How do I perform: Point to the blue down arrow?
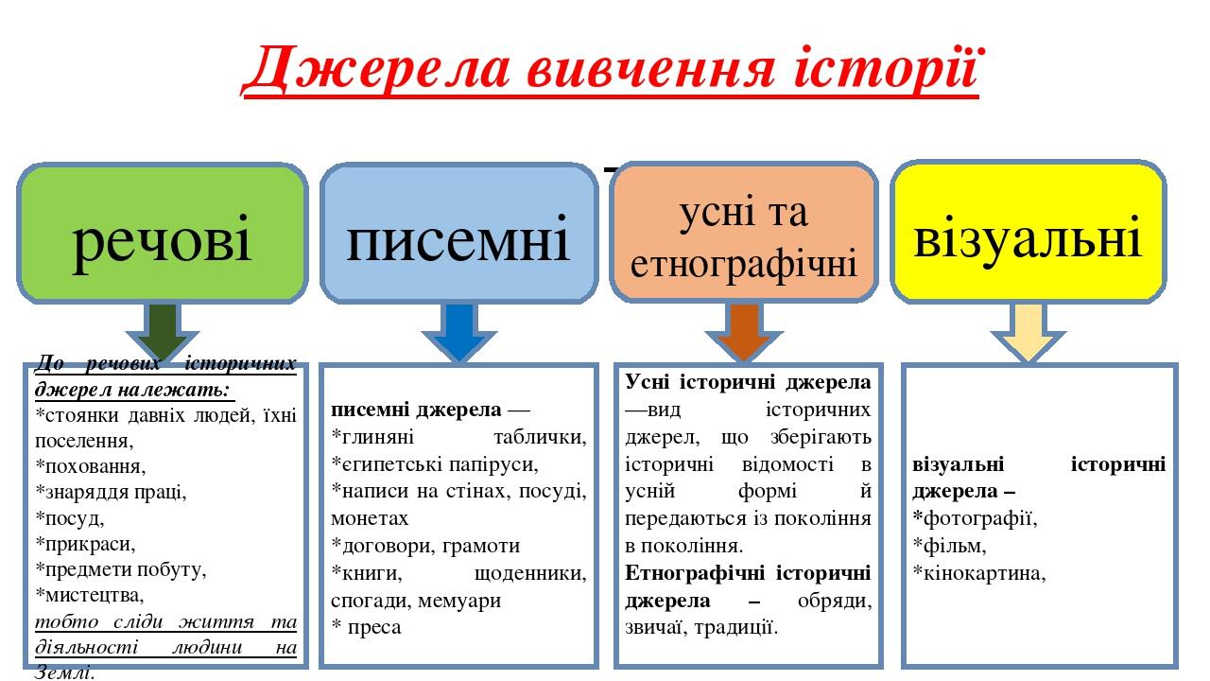pos(458,332)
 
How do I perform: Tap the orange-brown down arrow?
pos(745,332)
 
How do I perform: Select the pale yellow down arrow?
pos(1028,332)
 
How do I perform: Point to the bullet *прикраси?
pos(85,545)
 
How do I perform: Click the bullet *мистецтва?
pos(90,596)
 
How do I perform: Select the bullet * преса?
pos(366,627)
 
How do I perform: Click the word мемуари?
pos(459,600)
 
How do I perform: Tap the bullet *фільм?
pos(950,546)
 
